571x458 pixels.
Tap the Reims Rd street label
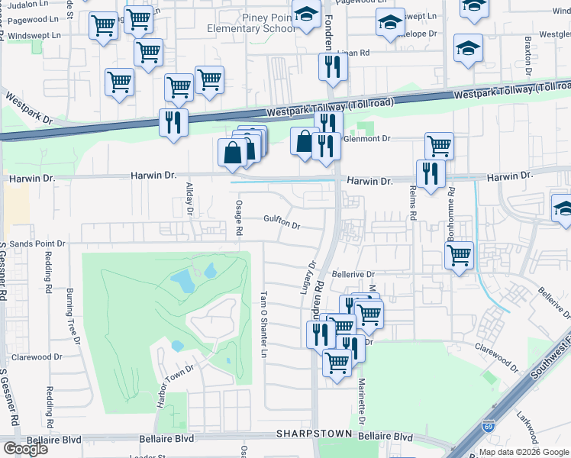[412, 204]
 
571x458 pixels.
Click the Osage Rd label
[239, 218]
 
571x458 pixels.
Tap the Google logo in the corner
[25, 449]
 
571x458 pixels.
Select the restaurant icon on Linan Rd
[333, 67]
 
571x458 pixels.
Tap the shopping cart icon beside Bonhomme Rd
[459, 256]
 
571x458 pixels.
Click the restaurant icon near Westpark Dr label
[173, 121]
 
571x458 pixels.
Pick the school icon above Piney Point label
[306, 15]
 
